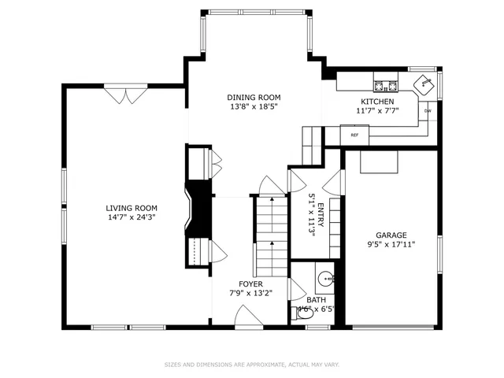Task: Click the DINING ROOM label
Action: [254, 97]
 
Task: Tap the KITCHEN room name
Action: [376, 102]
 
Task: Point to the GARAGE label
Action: [391, 235]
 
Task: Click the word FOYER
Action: [252, 283]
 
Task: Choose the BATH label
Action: [316, 300]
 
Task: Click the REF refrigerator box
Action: [354, 135]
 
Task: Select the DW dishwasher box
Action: [428, 111]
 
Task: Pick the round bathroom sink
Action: [327, 278]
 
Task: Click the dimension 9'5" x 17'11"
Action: [391, 244]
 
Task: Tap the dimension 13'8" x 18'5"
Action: [254, 106]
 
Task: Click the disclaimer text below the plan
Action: [251, 365]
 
